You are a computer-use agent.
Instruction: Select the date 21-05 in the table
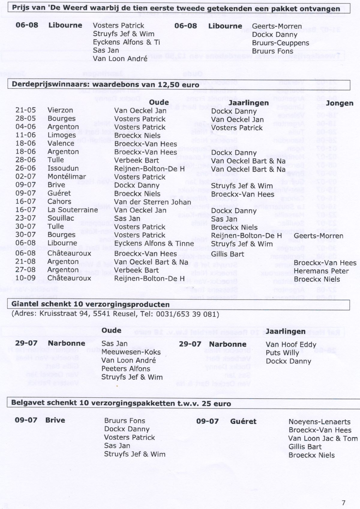(25, 110)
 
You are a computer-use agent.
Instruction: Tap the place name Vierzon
(60, 110)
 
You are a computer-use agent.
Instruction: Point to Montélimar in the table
(67, 177)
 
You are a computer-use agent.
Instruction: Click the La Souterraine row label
(73, 210)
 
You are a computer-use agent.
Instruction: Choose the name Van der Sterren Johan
(152, 202)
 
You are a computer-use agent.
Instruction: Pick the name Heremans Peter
(321, 271)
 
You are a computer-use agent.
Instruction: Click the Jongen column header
(339, 103)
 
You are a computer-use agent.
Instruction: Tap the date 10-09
(25, 278)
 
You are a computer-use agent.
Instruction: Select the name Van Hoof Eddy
(291, 345)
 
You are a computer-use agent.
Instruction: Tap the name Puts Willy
(282, 353)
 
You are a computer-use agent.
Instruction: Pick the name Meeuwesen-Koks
(131, 352)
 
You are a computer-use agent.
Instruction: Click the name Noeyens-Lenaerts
(319, 422)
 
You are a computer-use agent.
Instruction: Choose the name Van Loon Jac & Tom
(323, 439)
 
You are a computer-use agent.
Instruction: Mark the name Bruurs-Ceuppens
(280, 43)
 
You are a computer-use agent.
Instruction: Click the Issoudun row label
(63, 168)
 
